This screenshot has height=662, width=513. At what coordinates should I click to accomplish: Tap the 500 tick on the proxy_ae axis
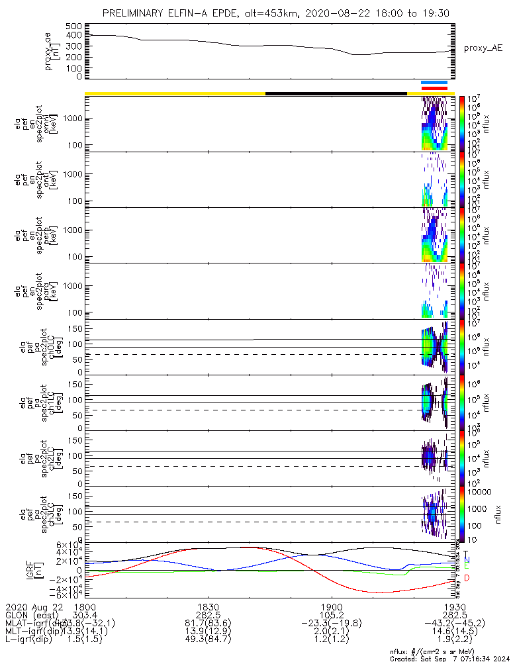click(x=73, y=26)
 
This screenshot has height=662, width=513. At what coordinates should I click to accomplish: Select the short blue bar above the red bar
click(x=435, y=83)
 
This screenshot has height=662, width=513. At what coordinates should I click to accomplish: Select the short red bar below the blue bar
click(x=435, y=88)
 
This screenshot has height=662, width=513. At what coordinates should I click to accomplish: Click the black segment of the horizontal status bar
click(x=336, y=93)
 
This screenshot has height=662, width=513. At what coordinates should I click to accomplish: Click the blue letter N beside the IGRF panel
click(x=466, y=560)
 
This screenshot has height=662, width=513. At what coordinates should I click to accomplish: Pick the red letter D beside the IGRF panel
click(x=466, y=578)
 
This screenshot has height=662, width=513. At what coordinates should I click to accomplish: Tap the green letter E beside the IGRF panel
click(x=466, y=567)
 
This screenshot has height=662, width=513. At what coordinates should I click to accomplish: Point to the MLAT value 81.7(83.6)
click(x=208, y=623)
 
